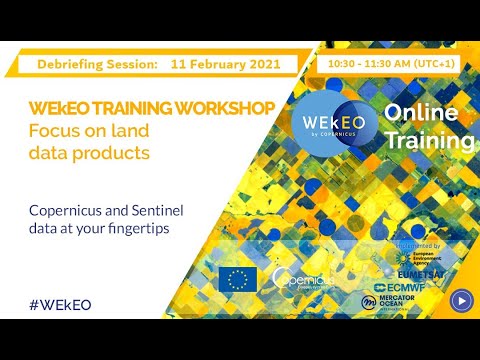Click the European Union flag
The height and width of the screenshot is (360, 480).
tap(237, 279)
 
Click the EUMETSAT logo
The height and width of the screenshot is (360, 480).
tap(417, 271)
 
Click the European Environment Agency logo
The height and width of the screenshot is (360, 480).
tap(417, 256)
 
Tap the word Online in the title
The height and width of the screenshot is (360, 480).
tap(421, 114)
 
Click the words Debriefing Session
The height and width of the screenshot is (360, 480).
tap(97, 63)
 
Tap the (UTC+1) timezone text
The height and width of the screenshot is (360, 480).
tap(440, 63)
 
